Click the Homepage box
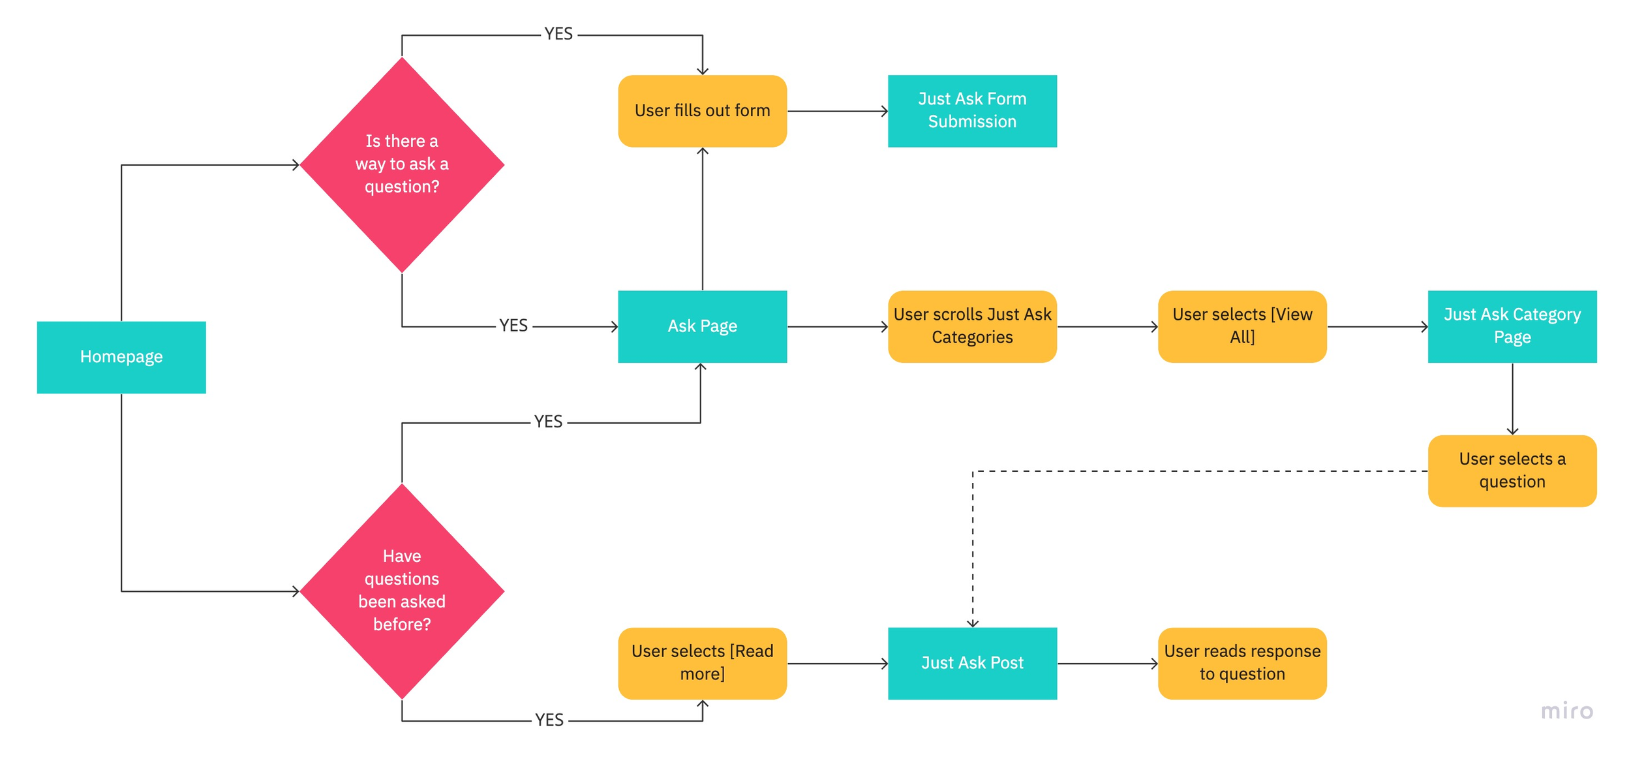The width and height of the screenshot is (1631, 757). coord(121,357)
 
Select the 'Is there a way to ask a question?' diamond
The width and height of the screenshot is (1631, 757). coord(402,164)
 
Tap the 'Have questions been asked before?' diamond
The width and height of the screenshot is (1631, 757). coord(402,591)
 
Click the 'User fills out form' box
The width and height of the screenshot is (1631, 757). coord(702,111)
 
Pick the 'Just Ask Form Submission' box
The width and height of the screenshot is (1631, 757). coord(972,111)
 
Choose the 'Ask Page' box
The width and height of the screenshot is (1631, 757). coord(702,326)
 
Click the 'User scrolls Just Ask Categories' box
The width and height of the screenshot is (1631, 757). coord(972,326)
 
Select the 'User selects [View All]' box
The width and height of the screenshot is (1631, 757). coord(1242,326)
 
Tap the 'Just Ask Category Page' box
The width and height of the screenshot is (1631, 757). coord(1512,326)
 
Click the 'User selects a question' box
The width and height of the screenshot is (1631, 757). coord(1512,471)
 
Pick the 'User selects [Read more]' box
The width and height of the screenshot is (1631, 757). coord(702,663)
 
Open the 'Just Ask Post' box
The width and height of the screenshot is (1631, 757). coord(972,663)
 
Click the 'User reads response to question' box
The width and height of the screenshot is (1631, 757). coord(1242,663)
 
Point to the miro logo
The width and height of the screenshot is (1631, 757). coord(1567,711)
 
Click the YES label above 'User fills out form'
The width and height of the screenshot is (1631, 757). coord(558,34)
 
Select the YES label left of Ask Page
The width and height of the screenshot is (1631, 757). coord(513,326)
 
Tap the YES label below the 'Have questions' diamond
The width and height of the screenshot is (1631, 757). coord(549,720)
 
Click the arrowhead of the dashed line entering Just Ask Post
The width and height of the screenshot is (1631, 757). coord(973,623)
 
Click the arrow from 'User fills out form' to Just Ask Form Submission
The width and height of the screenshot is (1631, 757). coord(838,112)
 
